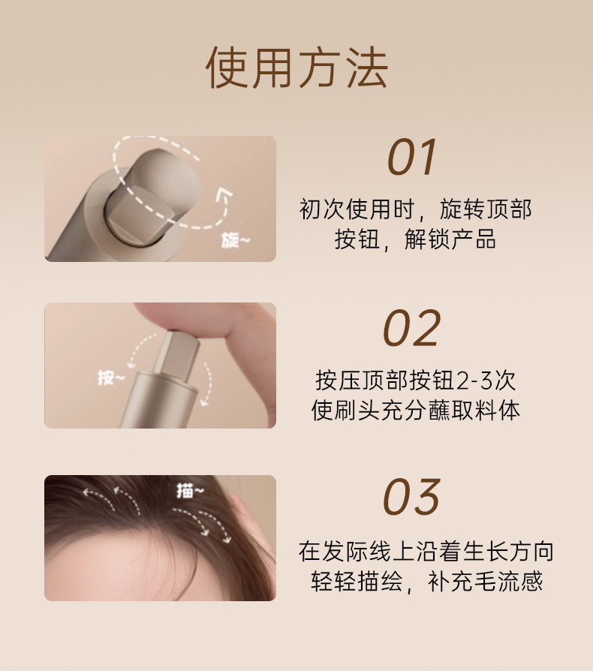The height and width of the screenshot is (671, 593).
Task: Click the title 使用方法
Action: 296,68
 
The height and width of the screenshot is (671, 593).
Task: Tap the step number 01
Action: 411,158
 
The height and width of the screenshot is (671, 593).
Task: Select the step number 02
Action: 411,328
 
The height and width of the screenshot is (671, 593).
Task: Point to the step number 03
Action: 411,496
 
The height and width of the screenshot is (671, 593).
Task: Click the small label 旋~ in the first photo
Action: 235,241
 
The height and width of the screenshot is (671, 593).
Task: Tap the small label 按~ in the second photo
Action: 111,378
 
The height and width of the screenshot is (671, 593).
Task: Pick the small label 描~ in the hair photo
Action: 191,491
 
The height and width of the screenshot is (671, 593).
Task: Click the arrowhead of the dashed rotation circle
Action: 224,194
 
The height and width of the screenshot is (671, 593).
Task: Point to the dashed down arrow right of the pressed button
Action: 207,384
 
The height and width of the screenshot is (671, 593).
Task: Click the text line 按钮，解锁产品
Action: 415,239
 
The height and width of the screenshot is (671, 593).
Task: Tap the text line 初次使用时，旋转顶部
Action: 415,209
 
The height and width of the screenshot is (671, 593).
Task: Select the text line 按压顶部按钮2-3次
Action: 415,381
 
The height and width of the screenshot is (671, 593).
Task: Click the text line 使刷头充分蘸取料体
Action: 415,411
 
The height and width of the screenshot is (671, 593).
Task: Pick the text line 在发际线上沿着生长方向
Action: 426,551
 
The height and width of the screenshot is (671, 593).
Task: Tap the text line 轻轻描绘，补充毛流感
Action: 426,581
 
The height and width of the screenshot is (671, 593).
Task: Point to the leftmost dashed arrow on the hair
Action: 98,498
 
